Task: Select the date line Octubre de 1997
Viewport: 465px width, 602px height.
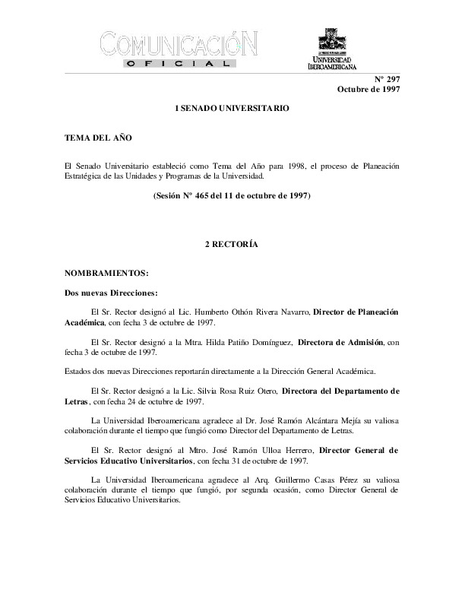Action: click(x=369, y=90)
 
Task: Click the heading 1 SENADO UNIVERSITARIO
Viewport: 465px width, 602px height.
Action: click(x=232, y=109)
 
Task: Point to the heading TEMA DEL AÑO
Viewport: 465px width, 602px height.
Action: click(x=88, y=139)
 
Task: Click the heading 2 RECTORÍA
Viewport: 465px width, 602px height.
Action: click(x=232, y=245)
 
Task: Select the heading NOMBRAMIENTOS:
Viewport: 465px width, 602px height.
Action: click(x=107, y=271)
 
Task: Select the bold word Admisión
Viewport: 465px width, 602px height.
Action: click(x=365, y=343)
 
